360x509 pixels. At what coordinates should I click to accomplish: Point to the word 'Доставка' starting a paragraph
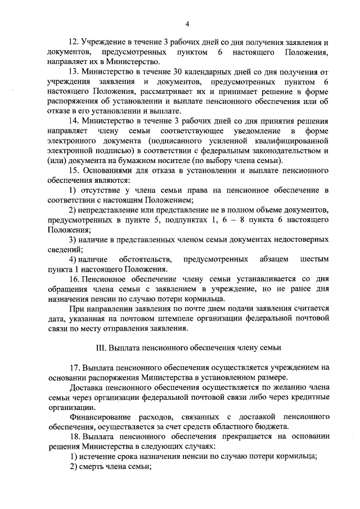85,388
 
